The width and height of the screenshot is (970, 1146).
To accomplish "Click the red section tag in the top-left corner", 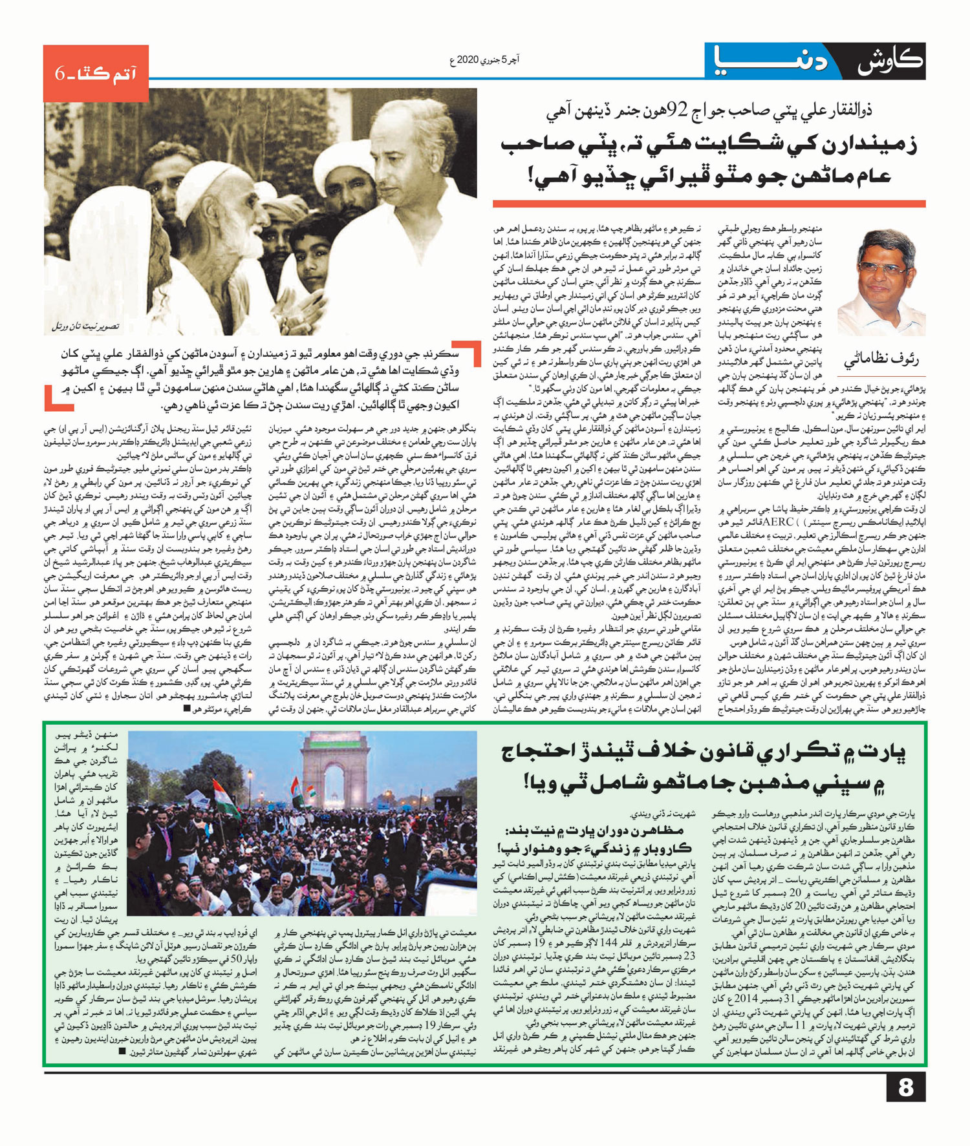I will (x=96, y=73).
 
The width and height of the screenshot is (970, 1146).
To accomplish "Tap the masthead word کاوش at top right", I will (x=891, y=63).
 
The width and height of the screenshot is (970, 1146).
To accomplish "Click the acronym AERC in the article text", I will (x=778, y=522).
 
